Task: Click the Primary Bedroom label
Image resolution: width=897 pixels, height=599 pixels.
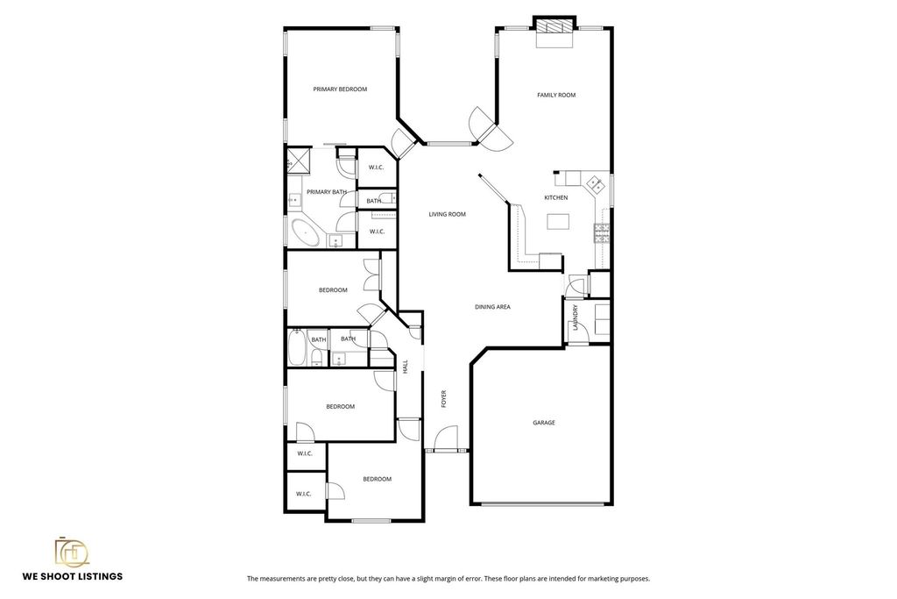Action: point(340,89)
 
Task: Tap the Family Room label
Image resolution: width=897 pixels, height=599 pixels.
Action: point(556,95)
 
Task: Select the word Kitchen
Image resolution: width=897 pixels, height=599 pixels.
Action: point(556,197)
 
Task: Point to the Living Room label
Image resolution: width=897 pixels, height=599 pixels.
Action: point(448,214)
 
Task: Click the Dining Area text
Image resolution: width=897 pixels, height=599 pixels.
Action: point(492,307)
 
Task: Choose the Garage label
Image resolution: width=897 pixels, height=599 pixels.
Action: point(544,423)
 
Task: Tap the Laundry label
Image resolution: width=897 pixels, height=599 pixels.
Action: point(576,317)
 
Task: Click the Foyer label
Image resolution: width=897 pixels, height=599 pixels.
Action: point(443,399)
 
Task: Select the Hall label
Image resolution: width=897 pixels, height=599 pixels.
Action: point(405,367)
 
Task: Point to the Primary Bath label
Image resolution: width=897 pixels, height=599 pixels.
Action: point(327,192)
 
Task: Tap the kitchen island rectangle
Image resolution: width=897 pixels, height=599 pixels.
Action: point(558,221)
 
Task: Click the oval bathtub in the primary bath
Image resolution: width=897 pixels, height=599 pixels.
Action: point(305,232)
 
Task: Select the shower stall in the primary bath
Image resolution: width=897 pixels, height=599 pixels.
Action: point(299,160)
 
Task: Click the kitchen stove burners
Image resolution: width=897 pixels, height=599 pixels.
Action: point(602,233)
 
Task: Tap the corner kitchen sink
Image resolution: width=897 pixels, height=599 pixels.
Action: point(596,184)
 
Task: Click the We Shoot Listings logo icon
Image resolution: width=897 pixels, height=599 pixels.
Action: point(72,552)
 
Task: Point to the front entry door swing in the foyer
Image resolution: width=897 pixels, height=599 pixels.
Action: point(446,439)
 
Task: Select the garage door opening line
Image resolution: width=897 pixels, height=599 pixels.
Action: point(543,504)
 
